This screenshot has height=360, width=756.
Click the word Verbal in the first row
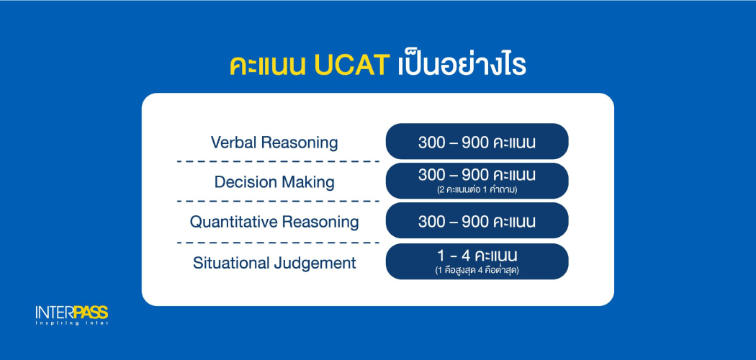234,142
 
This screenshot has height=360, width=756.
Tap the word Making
307,182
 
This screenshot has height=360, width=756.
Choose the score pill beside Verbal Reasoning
477,141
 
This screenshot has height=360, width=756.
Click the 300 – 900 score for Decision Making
477,175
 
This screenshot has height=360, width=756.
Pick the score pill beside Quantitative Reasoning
477,220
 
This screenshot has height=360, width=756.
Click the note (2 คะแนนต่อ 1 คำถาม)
477,189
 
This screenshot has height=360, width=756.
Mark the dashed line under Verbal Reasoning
278,162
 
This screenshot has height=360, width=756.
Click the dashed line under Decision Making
278,202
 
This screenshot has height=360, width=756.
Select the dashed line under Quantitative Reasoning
278,243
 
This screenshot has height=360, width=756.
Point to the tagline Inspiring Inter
71,323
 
